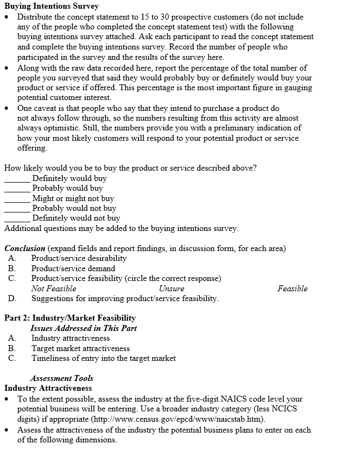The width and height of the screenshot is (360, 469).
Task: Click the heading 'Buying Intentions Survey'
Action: click(52, 7)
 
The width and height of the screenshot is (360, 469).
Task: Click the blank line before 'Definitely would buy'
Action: click(17, 179)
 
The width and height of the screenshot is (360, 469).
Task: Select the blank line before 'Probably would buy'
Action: click(17, 189)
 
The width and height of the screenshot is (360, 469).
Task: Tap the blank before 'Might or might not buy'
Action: click(17, 199)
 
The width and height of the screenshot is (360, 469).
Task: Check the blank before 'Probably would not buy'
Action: click(17, 209)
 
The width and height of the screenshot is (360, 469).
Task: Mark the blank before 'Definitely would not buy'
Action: click(17, 219)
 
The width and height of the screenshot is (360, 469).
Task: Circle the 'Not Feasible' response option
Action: click(53, 289)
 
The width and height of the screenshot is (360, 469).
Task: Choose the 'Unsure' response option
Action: click(172, 289)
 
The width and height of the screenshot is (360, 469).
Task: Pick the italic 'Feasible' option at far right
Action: click(292, 289)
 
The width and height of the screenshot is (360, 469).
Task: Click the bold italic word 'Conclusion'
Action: click(25, 248)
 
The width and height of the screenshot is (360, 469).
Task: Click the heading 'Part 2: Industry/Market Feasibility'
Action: click(70, 318)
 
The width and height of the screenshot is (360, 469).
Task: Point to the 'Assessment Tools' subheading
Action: click(61, 378)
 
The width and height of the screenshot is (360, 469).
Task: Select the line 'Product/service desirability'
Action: click(79, 258)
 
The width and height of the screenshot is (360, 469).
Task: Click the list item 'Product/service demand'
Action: click(73, 268)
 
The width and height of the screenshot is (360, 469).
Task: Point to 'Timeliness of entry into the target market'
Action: click(103, 358)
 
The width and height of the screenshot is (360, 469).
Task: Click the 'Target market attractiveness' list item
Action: click(80, 348)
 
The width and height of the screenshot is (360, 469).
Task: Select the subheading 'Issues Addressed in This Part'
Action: click(83, 328)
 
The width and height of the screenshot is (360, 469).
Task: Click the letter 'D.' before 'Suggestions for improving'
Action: click(12, 298)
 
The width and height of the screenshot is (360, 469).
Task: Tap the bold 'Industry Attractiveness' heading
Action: click(48, 388)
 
